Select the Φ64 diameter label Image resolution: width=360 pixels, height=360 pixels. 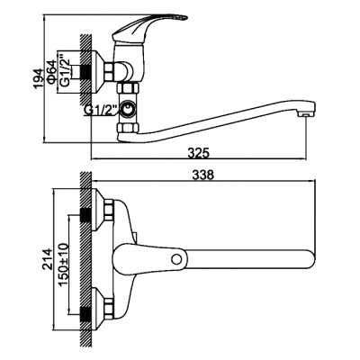(x=55, y=67)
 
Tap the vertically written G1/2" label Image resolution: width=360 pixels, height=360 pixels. (x=66, y=67)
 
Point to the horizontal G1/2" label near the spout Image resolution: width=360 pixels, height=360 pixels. (x=102, y=110)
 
